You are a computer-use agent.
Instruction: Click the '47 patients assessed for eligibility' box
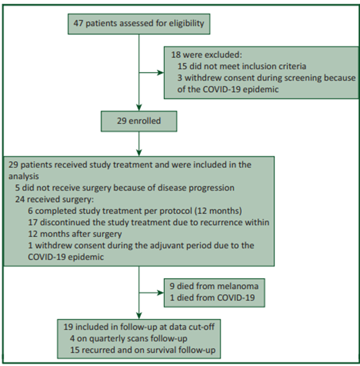coord(139,24)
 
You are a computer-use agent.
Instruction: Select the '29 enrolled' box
coord(139,121)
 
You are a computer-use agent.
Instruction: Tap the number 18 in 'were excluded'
coord(176,55)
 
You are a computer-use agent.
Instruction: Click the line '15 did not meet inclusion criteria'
coord(242,66)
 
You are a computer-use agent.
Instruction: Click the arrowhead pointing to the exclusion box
coord(161,73)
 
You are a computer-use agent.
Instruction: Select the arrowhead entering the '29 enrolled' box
coord(139,108)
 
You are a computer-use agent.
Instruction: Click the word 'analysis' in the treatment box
coord(23,177)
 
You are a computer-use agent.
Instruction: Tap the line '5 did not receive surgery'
coord(125,188)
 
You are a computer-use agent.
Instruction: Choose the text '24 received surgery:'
coord(54,199)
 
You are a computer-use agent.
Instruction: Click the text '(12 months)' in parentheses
coord(218,211)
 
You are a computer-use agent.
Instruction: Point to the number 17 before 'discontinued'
coord(33,223)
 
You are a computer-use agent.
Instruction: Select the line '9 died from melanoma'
coord(214,287)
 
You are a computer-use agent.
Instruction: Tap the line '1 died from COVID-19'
coord(212,298)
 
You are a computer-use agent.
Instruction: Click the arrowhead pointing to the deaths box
coord(161,293)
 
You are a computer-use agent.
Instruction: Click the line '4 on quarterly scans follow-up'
coord(129,339)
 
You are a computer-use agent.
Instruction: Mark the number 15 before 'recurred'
coord(74,350)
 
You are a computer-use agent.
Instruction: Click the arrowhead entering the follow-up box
coord(139,316)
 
